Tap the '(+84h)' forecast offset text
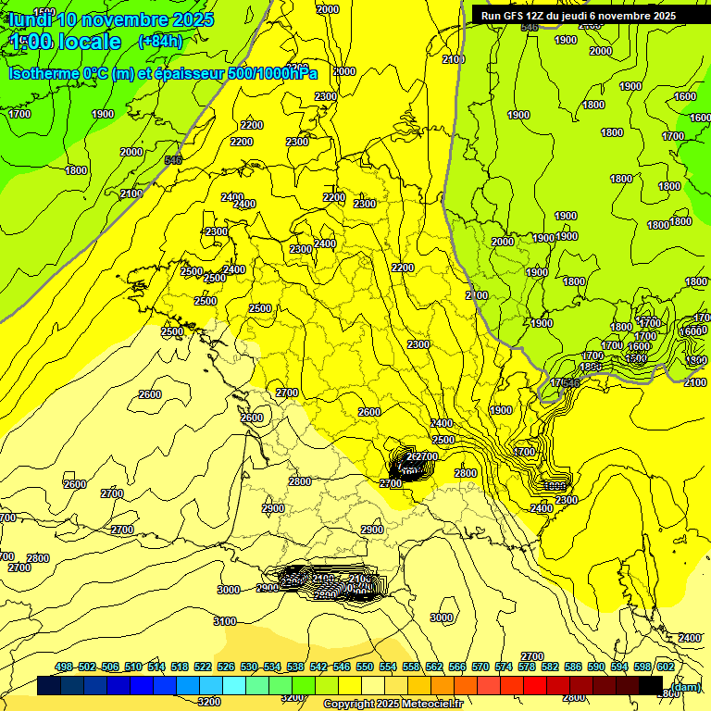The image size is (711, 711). tap(160, 41)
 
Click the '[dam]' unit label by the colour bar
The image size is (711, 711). tap(685, 686)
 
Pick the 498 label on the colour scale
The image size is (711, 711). tap(64, 667)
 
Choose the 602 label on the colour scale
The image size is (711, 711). tap(665, 667)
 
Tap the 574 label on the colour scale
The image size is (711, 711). tap(504, 667)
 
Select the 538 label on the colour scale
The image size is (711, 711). tap(295, 667)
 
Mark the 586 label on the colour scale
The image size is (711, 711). tap(573, 667)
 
